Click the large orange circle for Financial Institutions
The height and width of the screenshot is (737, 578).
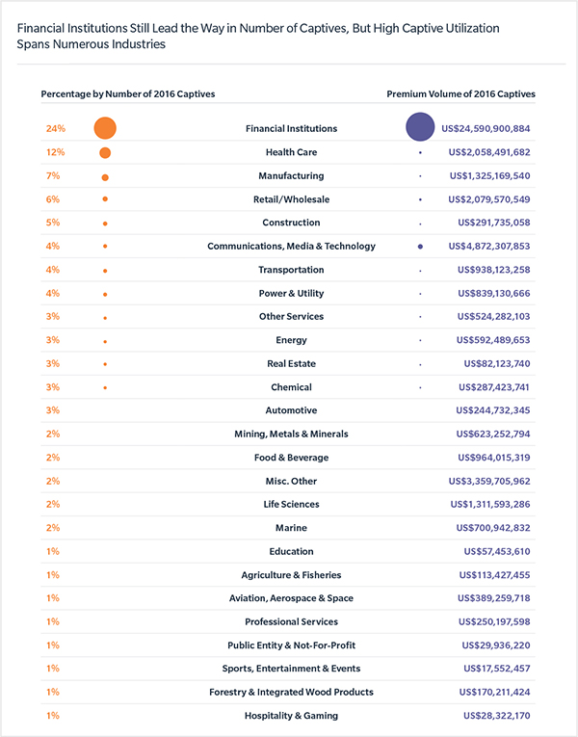[x=105, y=128]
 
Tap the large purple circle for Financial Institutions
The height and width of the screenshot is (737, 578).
[x=420, y=127]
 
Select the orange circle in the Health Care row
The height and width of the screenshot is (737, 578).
[x=105, y=153]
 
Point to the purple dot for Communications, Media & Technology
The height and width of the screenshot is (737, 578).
[x=420, y=247]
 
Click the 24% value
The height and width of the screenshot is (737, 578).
[x=56, y=128]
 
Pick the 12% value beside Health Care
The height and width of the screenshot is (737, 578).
[x=56, y=152]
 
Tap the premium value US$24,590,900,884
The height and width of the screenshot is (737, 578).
[x=486, y=128]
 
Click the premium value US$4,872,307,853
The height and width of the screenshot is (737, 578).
[x=489, y=246]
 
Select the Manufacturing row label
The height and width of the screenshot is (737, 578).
[x=291, y=175]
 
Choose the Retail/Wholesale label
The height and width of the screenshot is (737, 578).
[x=291, y=199]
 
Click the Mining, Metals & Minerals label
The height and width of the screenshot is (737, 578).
[x=291, y=434]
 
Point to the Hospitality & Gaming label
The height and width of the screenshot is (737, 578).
[x=291, y=716]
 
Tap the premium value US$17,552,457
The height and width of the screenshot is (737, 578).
[x=497, y=669]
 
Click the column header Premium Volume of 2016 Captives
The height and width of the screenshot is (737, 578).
[x=461, y=94]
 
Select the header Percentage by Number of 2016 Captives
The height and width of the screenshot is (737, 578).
[x=128, y=94]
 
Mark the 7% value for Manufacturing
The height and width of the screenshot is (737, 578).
[x=53, y=175]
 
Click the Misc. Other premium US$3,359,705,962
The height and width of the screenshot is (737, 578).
[x=489, y=481]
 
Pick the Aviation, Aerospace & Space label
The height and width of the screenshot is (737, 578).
[x=291, y=598]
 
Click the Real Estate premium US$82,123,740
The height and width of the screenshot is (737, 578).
[x=497, y=363]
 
